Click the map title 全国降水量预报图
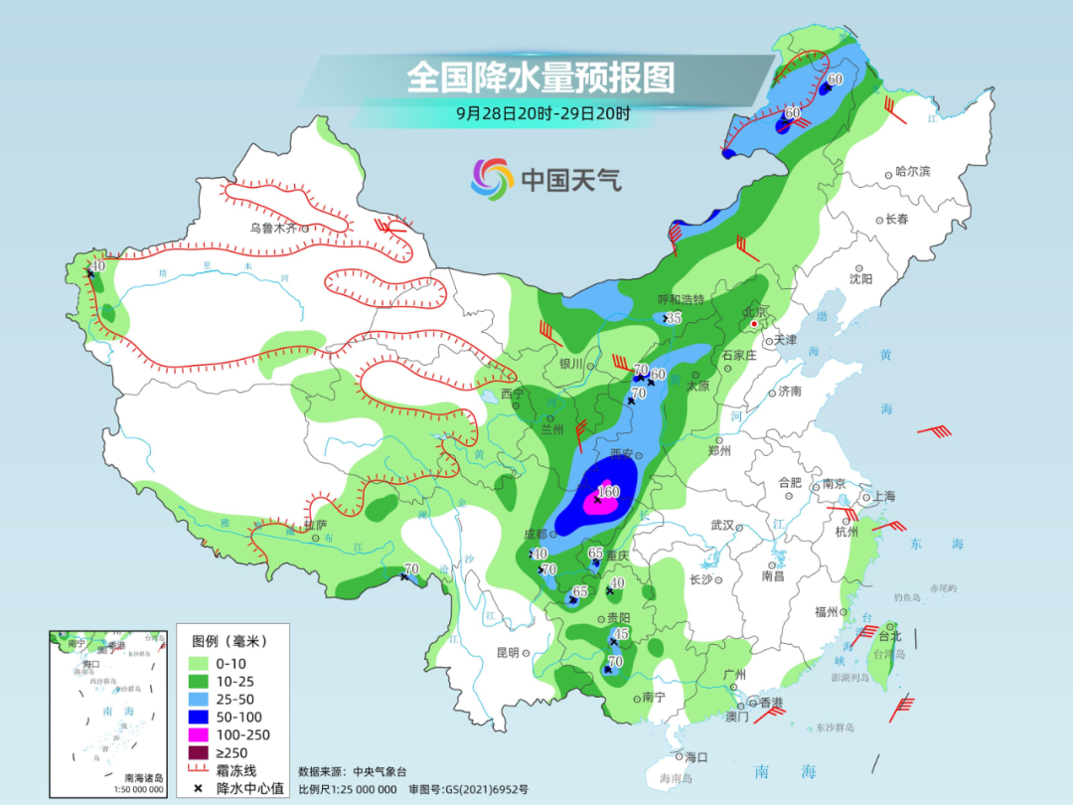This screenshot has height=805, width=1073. point(540,77)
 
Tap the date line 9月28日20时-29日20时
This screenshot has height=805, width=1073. point(542,113)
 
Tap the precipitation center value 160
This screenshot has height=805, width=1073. point(608,492)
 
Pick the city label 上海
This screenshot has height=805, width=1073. point(883,497)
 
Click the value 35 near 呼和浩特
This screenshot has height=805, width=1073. point(674,318)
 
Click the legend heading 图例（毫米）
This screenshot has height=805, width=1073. point(231,640)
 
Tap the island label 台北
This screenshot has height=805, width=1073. point(889,635)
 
